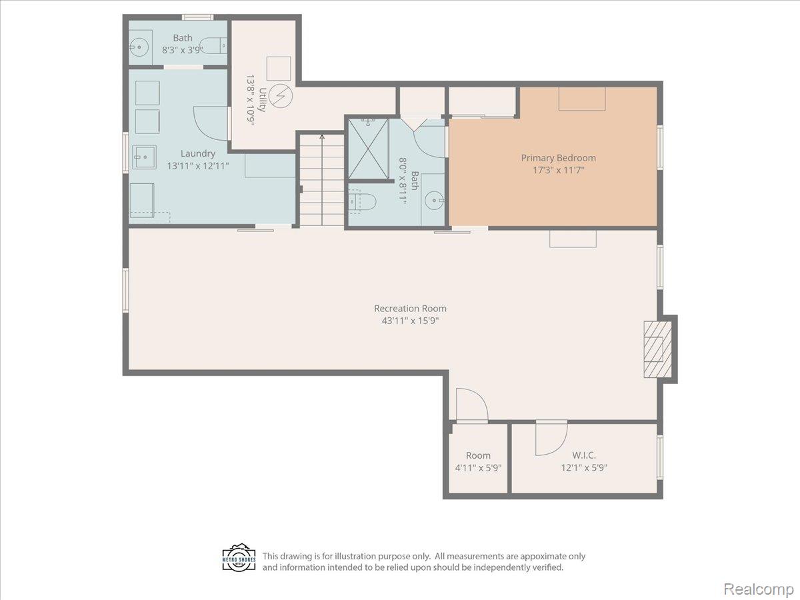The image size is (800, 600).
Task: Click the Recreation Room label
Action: pos(410,309)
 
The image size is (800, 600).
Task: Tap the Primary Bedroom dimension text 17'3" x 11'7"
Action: pos(559,170)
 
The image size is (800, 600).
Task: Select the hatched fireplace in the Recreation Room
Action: pos(657,349)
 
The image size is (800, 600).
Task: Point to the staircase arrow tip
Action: pos(322,136)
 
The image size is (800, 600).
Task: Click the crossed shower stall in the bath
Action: pos(369,149)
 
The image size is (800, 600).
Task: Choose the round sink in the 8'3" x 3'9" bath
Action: pos(139,47)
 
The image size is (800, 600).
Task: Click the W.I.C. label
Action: pos(584,455)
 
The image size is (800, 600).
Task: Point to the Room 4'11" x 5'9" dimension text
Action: pos(478,468)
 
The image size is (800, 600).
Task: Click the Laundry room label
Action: pos(198,154)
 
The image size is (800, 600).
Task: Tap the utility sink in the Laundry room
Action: pos(144,157)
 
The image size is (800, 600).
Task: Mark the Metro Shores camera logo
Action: pos(239,558)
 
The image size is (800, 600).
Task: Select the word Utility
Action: pos(263,99)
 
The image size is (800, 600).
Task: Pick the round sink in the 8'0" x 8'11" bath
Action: pos(434,201)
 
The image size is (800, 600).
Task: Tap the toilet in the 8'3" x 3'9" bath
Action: pos(214,46)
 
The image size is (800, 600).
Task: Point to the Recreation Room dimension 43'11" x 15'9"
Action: pos(410,321)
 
